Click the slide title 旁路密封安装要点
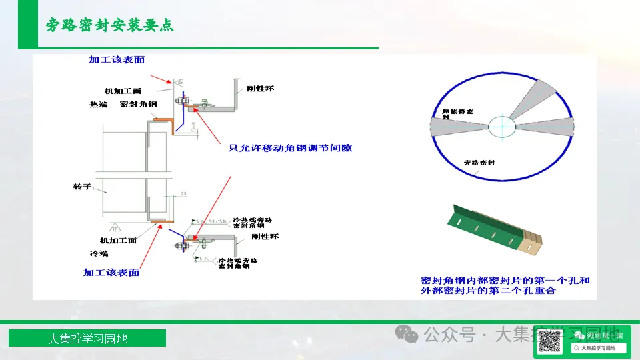(x=110, y=25)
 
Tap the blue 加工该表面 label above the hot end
(x=117, y=60)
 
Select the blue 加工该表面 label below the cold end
(x=111, y=272)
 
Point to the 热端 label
(x=98, y=105)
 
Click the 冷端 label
(x=98, y=253)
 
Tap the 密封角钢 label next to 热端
(x=138, y=105)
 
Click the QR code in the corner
(x=549, y=341)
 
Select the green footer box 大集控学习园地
(x=87, y=338)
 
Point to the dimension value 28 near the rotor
(x=183, y=194)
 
